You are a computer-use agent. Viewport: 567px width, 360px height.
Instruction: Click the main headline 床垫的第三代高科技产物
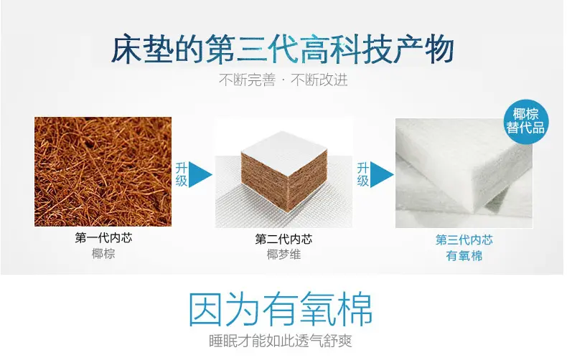[x=282, y=49]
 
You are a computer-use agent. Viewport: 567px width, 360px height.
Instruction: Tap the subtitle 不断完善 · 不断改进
[x=283, y=80]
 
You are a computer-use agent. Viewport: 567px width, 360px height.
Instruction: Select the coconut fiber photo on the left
[x=103, y=171]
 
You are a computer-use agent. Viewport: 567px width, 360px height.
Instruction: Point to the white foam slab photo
[x=464, y=173]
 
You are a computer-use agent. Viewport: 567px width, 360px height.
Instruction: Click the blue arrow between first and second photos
[x=200, y=174]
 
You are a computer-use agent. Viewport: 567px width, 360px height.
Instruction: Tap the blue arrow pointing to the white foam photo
[x=382, y=174]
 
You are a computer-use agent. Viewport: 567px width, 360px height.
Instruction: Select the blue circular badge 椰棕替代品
[x=525, y=121]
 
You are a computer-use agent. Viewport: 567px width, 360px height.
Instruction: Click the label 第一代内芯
[x=103, y=237]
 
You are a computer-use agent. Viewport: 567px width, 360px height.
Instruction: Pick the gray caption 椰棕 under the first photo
[x=103, y=253]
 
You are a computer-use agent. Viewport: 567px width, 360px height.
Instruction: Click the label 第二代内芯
[x=283, y=239]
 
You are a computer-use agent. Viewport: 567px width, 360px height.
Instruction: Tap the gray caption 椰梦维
[x=283, y=255]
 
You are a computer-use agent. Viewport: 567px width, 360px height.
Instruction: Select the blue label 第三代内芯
[x=464, y=240]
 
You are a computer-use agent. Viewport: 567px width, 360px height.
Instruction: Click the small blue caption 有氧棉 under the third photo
[x=464, y=255]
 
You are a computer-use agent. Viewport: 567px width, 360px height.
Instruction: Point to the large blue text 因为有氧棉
[x=281, y=310]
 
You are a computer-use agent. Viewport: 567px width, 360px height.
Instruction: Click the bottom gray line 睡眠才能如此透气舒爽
[x=280, y=341]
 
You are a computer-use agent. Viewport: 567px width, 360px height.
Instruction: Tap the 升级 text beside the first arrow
[x=181, y=174]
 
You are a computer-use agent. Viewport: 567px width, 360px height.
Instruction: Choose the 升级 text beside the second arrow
[x=362, y=174]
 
